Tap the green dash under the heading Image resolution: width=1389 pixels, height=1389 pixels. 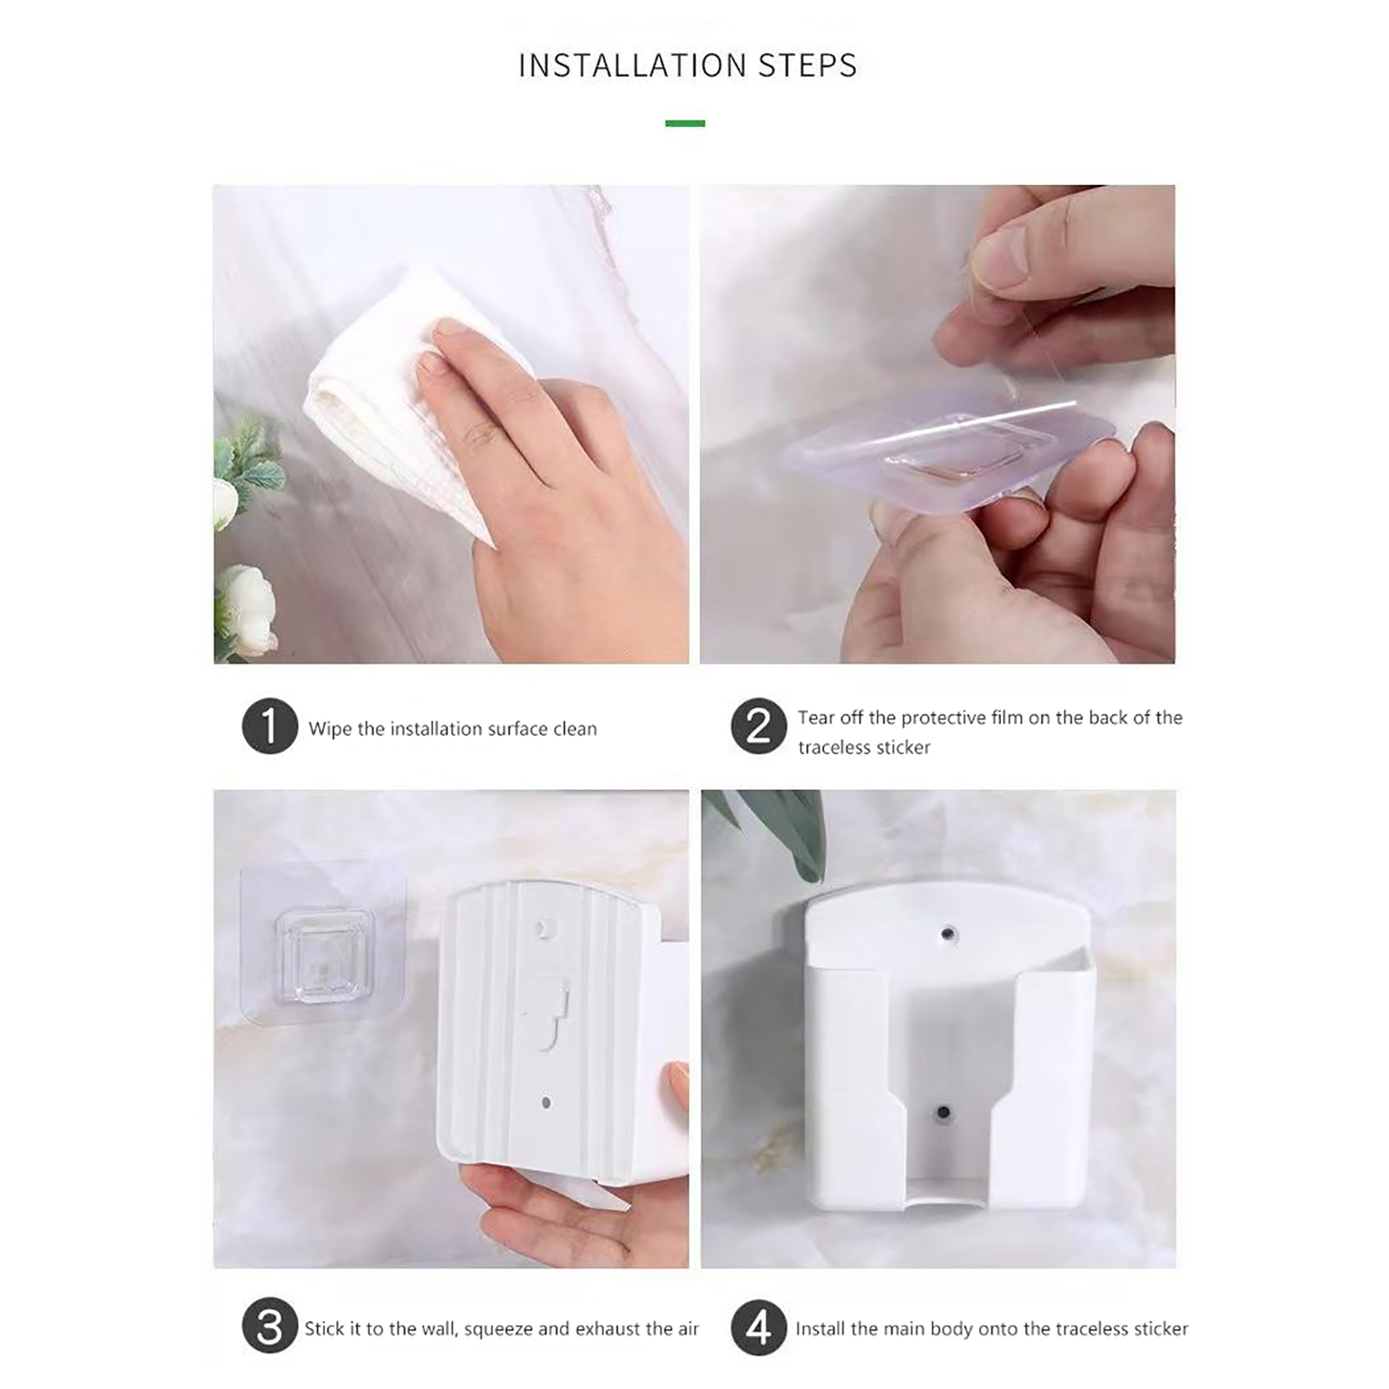(685, 123)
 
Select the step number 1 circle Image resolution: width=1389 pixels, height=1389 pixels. (270, 726)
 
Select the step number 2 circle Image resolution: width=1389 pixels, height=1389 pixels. (759, 726)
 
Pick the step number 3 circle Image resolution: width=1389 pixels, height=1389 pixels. (270, 1327)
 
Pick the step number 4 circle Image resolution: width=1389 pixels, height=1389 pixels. (759, 1327)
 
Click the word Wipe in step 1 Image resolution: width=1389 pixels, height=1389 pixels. (330, 729)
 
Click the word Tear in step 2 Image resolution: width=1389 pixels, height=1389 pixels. (819, 718)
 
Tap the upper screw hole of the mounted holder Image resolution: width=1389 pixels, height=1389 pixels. (947, 934)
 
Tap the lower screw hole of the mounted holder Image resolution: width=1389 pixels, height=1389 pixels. (944, 1112)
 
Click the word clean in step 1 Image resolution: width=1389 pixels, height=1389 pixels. (576, 729)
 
